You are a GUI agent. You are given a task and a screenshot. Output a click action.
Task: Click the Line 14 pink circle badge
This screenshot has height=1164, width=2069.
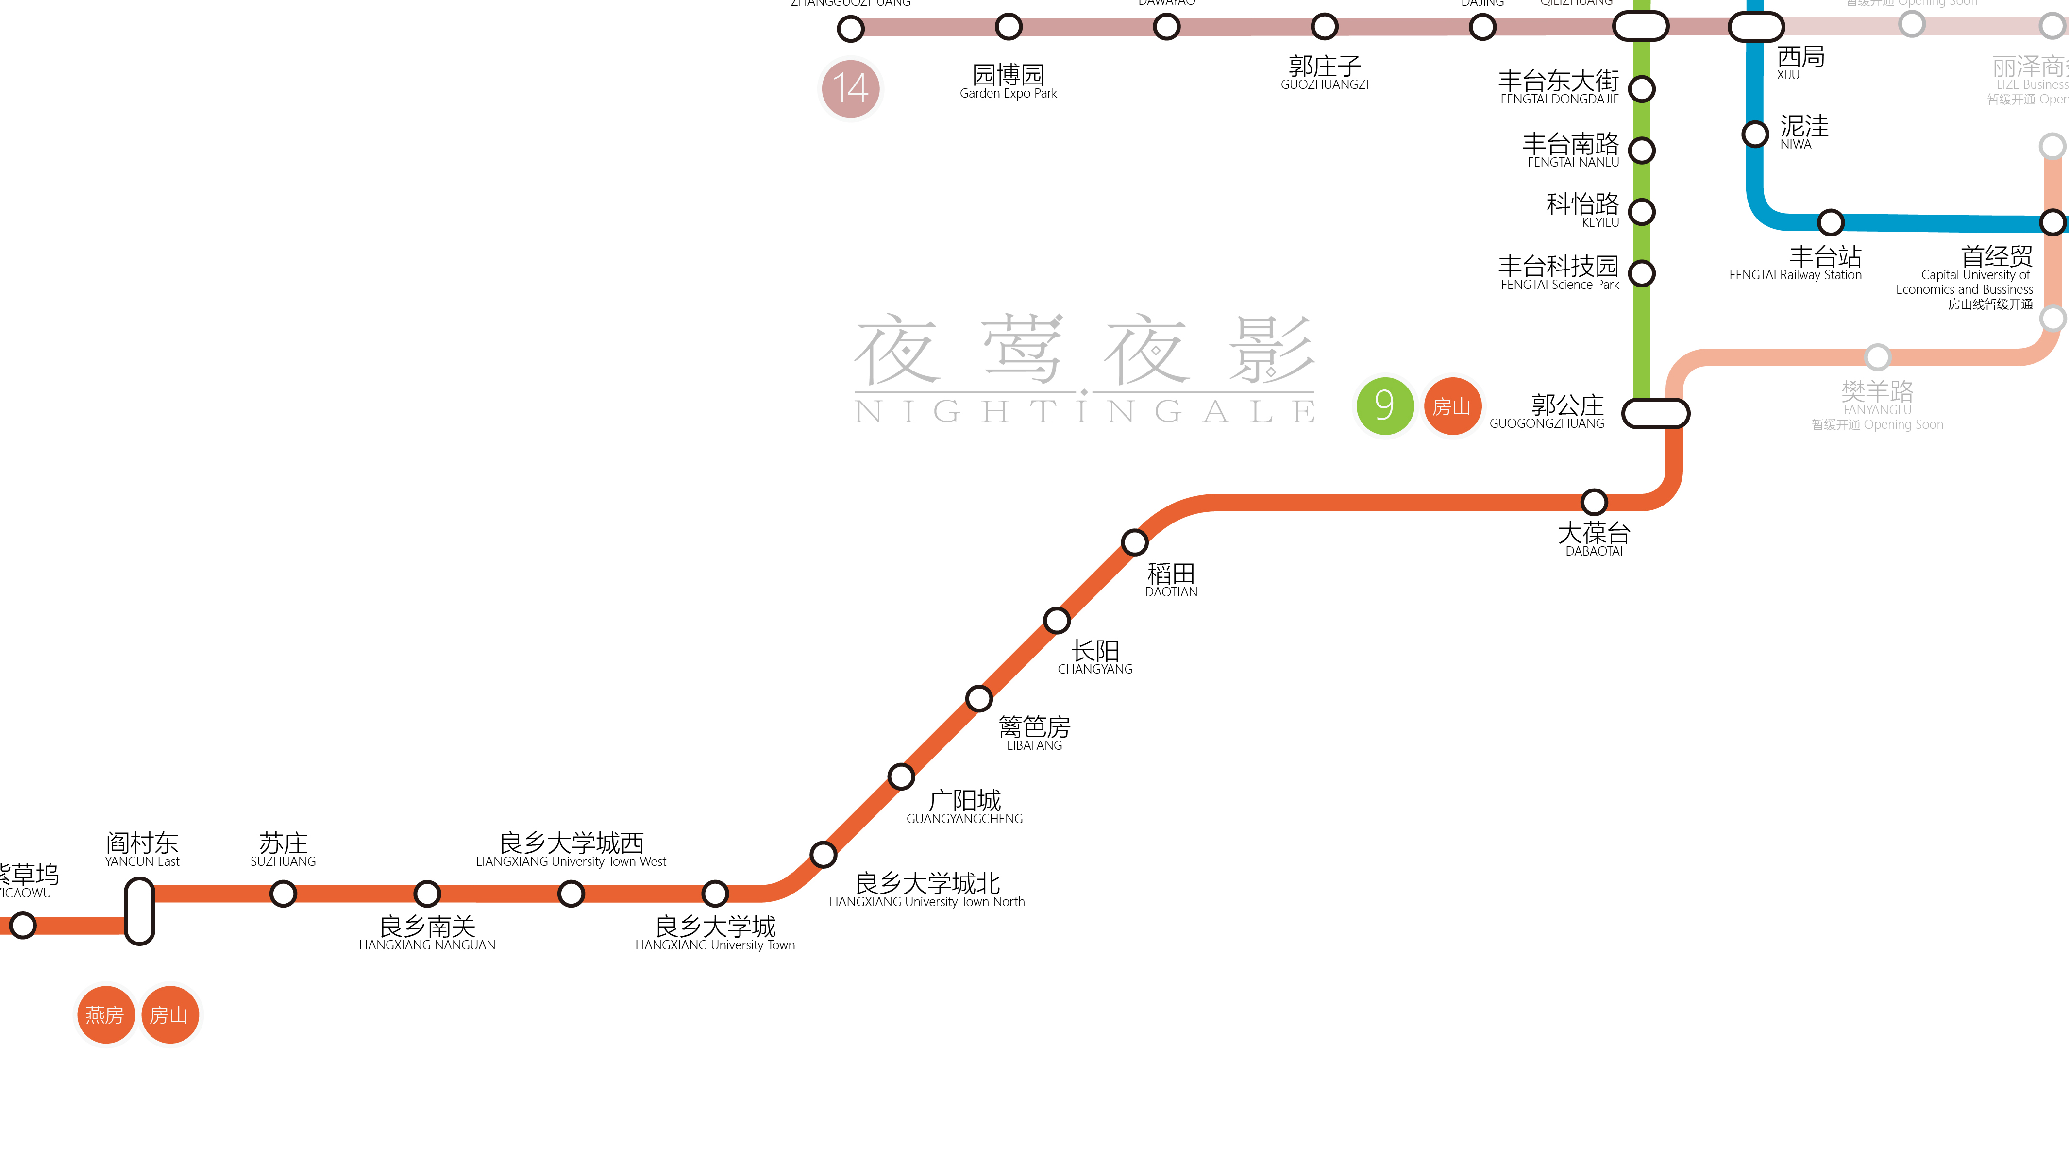tap(851, 88)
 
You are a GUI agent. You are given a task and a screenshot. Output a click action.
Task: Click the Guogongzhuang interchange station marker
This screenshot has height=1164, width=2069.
tap(1655, 414)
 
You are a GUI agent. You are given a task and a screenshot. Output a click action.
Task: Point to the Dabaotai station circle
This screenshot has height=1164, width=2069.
tap(1594, 502)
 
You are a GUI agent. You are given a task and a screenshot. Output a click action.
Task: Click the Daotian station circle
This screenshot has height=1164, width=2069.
tap(1134, 542)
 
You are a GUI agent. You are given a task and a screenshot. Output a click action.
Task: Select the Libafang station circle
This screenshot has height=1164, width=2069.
tap(978, 698)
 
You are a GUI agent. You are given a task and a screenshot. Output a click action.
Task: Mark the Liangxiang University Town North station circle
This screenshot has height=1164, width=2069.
tap(823, 854)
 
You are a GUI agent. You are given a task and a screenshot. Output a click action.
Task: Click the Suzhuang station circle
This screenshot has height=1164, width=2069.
tap(283, 894)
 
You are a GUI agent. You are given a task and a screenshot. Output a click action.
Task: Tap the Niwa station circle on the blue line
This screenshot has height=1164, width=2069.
tap(1755, 134)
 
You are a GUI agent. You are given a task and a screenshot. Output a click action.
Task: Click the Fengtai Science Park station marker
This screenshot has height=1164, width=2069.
tap(1642, 273)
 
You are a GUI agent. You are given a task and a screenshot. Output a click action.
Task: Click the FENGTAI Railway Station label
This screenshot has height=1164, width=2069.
tap(1795, 275)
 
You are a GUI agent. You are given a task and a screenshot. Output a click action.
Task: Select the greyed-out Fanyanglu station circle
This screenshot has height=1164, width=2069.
tap(1877, 356)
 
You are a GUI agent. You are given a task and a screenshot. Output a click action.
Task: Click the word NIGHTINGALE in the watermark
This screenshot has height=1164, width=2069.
tap(1084, 411)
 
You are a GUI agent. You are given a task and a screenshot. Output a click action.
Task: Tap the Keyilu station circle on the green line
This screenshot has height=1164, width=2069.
tap(1642, 211)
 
